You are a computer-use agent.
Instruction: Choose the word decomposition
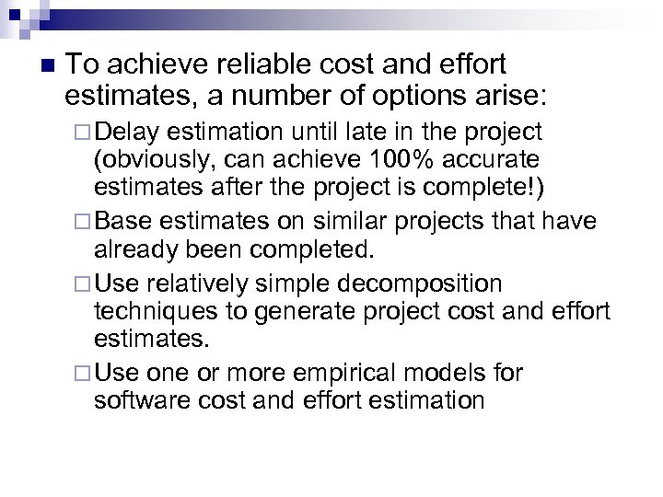(428, 282)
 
